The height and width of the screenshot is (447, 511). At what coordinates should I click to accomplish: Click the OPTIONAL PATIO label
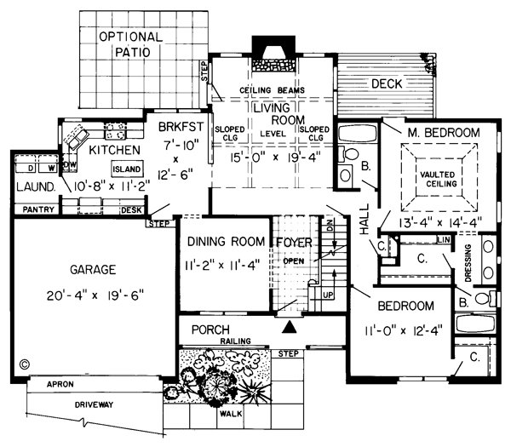(x=131, y=44)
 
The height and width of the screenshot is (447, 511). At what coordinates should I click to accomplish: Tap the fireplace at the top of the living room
(x=273, y=54)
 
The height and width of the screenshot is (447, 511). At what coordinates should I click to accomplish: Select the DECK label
(x=387, y=84)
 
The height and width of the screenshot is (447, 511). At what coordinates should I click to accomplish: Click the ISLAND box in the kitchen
(x=127, y=169)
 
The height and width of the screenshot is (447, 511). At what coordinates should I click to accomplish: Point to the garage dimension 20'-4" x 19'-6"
(x=95, y=295)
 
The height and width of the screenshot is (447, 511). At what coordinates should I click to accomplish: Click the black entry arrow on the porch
(x=289, y=327)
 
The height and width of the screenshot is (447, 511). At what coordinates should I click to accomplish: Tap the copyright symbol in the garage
(x=25, y=364)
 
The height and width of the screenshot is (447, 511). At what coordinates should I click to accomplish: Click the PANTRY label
(x=38, y=209)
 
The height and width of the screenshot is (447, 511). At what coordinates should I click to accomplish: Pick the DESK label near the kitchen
(x=132, y=210)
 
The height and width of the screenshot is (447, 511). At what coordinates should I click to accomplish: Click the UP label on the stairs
(x=328, y=295)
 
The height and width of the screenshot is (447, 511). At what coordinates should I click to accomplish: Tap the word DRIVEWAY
(x=95, y=405)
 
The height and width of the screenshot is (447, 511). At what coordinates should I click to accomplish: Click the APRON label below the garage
(x=60, y=385)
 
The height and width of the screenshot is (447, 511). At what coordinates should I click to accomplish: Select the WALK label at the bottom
(x=231, y=414)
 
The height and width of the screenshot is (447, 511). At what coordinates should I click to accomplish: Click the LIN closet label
(x=444, y=240)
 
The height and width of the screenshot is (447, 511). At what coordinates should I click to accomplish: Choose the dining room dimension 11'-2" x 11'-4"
(x=222, y=265)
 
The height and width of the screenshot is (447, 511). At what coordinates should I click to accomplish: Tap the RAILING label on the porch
(x=236, y=341)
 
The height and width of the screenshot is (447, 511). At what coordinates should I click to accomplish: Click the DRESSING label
(x=468, y=263)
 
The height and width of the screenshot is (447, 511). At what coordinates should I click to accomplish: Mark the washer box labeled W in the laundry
(x=49, y=163)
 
